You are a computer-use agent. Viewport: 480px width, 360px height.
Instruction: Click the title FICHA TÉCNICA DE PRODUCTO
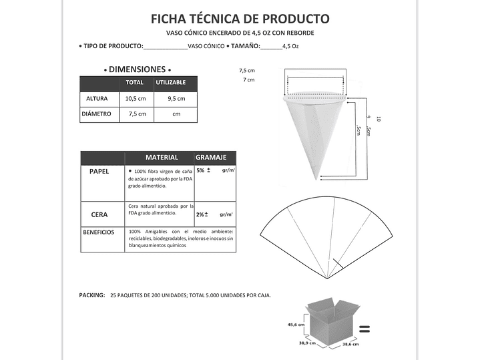[240, 18]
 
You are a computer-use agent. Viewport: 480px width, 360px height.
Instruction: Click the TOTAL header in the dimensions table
[135, 83]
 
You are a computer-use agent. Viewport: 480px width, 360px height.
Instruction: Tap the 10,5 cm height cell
[136, 99]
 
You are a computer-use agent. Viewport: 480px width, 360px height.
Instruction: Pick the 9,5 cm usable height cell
[176, 99]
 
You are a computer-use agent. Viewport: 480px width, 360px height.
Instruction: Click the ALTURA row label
[97, 99]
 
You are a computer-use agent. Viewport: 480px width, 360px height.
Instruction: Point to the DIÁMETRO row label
[96, 114]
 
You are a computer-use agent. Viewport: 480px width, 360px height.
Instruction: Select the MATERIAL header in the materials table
[162, 158]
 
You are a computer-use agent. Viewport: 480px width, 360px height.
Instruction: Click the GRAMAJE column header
[211, 158]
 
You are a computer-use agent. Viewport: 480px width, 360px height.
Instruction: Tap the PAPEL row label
[99, 172]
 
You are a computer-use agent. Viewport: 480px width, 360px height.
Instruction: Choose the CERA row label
[99, 215]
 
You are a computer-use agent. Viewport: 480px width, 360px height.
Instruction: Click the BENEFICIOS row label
[98, 232]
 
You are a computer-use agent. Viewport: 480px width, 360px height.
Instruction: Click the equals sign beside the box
[365, 329]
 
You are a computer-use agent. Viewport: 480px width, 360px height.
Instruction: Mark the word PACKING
[91, 295]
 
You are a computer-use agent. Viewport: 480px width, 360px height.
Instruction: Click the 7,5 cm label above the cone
[246, 70]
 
